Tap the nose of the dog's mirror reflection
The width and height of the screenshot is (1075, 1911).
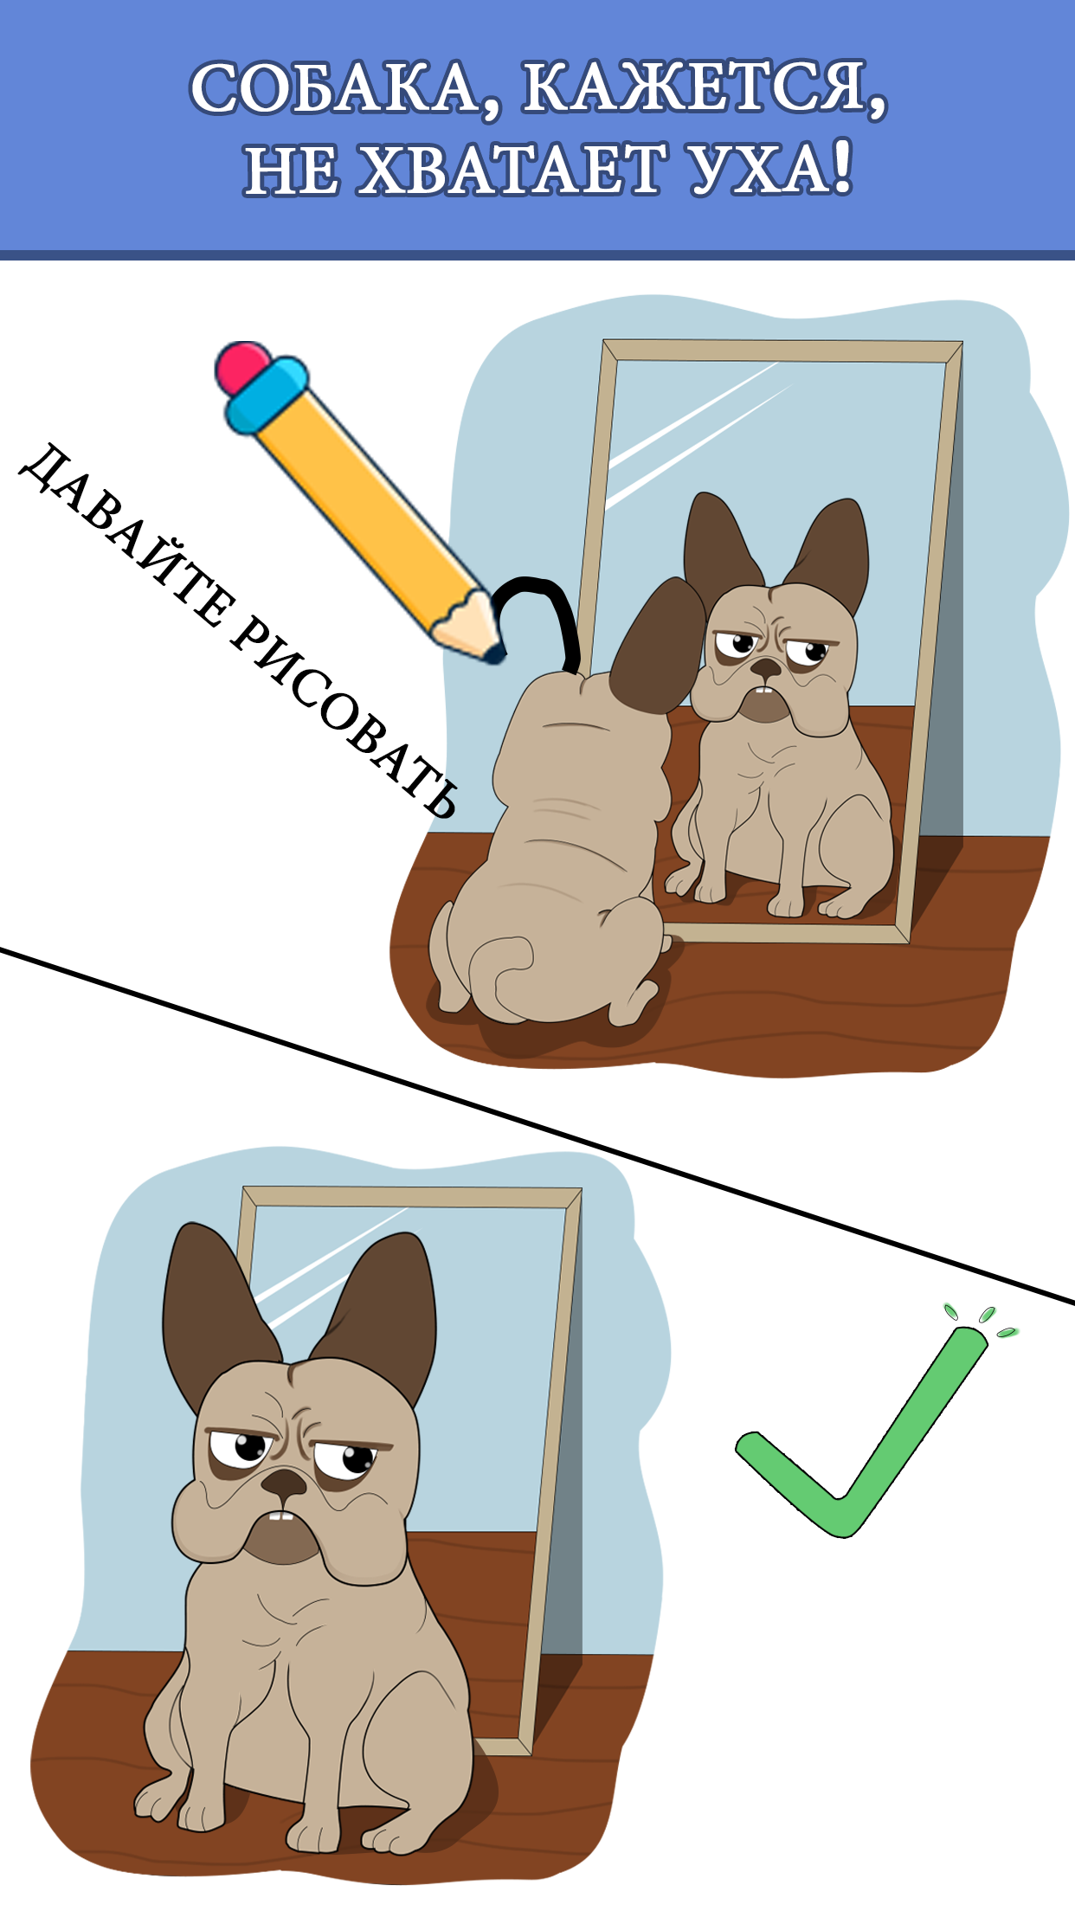click(x=765, y=668)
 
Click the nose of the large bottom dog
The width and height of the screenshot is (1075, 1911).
click(x=284, y=1486)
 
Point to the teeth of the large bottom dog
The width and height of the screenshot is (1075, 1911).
click(x=279, y=1516)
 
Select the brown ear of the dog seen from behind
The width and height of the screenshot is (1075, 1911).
click(x=658, y=645)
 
